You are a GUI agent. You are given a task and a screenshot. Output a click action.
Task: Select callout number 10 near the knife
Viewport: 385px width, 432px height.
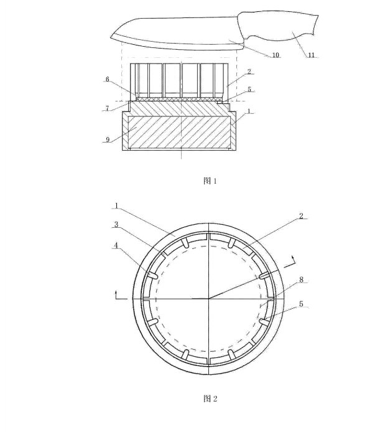pyautogui.click(x=276, y=55)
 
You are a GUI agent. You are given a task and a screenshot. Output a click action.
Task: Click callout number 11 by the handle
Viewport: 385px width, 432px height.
pyautogui.click(x=311, y=55)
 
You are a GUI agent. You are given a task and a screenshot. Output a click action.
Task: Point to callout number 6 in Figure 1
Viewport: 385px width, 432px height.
pyautogui.click(x=108, y=79)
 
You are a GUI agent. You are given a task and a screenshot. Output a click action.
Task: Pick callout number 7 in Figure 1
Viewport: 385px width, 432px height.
pyautogui.click(x=108, y=108)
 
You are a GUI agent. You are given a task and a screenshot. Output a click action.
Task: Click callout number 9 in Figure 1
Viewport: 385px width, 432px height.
pyautogui.click(x=108, y=139)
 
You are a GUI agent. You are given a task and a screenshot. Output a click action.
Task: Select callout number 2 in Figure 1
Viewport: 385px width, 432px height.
pyautogui.click(x=249, y=72)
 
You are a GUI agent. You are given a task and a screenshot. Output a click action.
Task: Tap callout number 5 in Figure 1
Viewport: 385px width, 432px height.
pyautogui.click(x=249, y=89)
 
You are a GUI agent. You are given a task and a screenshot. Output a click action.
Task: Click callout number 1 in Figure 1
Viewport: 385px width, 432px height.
pyautogui.click(x=249, y=111)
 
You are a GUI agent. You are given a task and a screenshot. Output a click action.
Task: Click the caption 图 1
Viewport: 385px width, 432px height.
pyautogui.click(x=210, y=181)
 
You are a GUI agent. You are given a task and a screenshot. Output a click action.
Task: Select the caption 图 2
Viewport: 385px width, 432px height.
pyautogui.click(x=210, y=398)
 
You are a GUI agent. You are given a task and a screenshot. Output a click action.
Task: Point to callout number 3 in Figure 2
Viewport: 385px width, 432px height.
pyautogui.click(x=116, y=225)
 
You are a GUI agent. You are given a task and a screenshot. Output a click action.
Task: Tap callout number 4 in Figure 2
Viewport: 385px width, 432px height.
pyautogui.click(x=116, y=245)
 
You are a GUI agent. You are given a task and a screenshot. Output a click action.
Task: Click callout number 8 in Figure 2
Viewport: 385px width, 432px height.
pyautogui.click(x=301, y=279)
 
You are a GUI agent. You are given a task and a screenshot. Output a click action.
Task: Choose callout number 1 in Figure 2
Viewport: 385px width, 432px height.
pyautogui.click(x=116, y=205)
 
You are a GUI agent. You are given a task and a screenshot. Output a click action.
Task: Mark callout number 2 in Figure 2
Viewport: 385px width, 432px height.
pyautogui.click(x=301, y=216)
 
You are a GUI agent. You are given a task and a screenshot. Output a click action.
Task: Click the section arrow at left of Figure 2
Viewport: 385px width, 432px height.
pyautogui.click(x=121, y=295)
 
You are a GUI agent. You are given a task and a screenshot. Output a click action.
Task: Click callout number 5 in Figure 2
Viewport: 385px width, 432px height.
pyautogui.click(x=301, y=304)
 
